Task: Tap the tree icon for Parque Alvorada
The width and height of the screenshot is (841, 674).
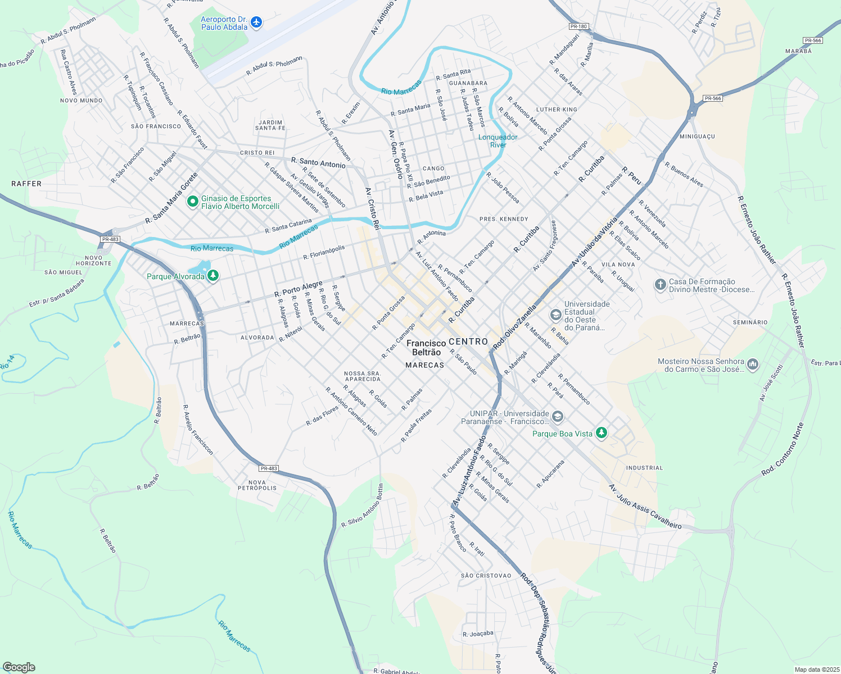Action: coord(212,276)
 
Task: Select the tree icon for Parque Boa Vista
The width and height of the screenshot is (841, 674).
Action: coord(602,433)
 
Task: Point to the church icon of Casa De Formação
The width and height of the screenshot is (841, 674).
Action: coord(660,285)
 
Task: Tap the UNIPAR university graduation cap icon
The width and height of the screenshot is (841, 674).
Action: coord(557,417)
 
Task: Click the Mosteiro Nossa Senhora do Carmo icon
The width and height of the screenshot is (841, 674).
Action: coord(753,365)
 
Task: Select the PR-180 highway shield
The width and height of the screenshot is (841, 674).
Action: coord(578,26)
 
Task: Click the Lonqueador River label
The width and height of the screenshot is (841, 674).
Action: coord(498,141)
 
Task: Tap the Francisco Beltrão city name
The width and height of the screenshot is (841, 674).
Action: coord(426,348)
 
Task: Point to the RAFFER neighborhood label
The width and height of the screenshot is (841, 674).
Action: coord(26,184)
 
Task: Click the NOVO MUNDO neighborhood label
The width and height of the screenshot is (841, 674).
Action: coord(82,101)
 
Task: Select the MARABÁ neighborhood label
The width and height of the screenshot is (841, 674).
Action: coord(798,51)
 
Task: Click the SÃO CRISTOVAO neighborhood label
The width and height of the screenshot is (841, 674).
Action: coord(486,576)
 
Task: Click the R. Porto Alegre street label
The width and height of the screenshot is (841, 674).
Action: coord(298,289)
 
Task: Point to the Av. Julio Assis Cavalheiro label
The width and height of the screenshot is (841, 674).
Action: coord(645,507)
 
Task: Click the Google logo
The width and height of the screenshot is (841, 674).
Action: coord(19,667)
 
